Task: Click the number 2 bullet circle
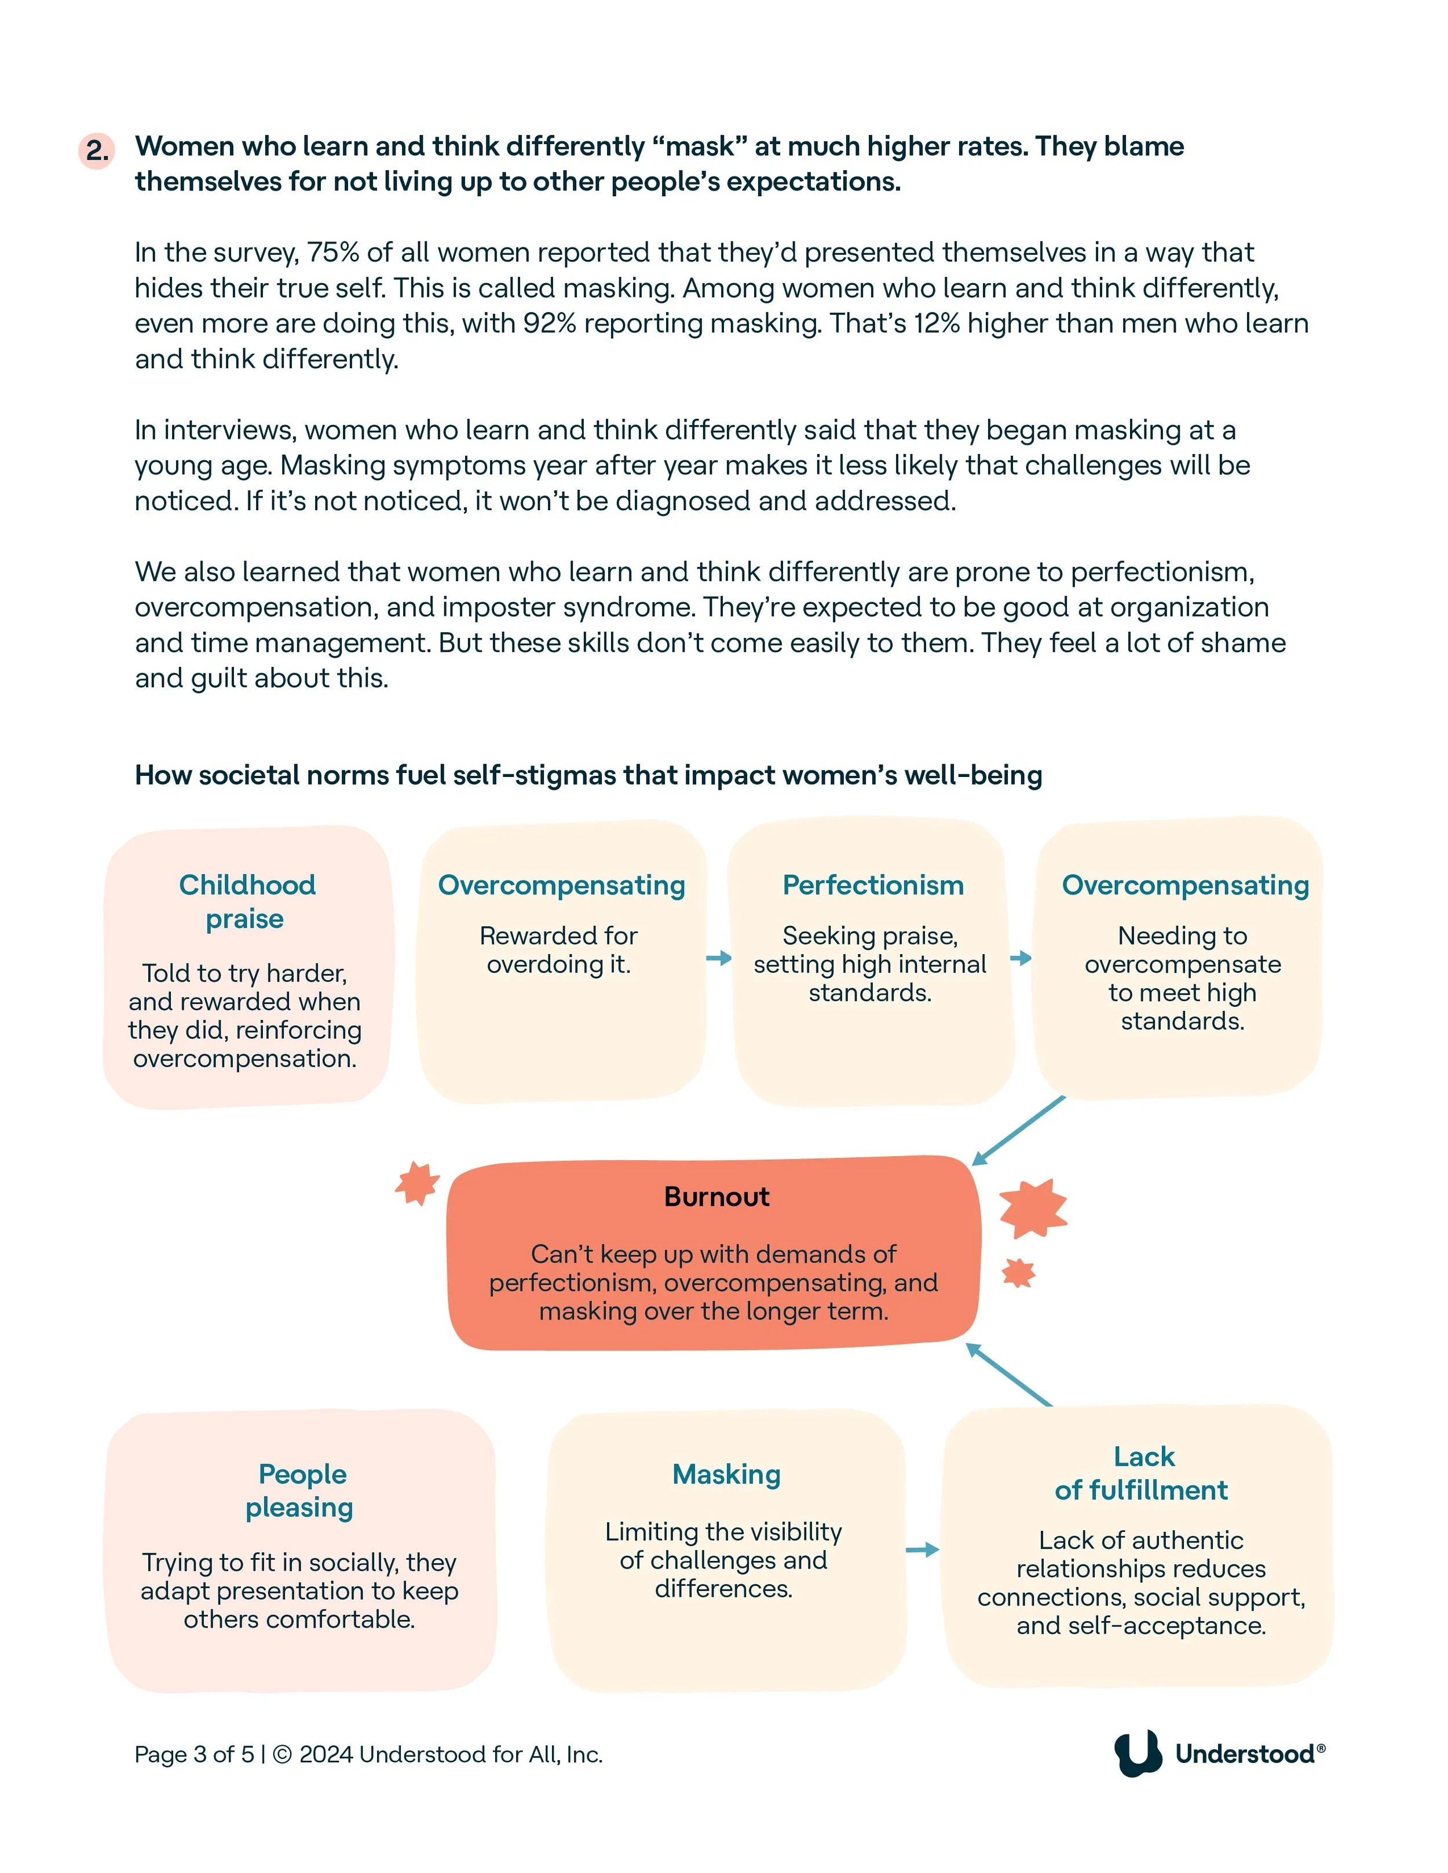(x=97, y=151)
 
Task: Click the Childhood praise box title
(x=246, y=901)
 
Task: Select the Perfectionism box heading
(x=872, y=885)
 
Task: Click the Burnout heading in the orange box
(x=716, y=1196)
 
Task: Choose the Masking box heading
(x=726, y=1474)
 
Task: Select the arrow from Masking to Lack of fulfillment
(x=922, y=1549)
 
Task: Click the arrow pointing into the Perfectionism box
(x=719, y=958)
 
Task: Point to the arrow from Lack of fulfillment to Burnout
(x=1009, y=1374)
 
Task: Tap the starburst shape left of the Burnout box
(x=417, y=1183)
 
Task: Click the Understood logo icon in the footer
(x=1138, y=1753)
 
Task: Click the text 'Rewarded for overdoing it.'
(x=558, y=950)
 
